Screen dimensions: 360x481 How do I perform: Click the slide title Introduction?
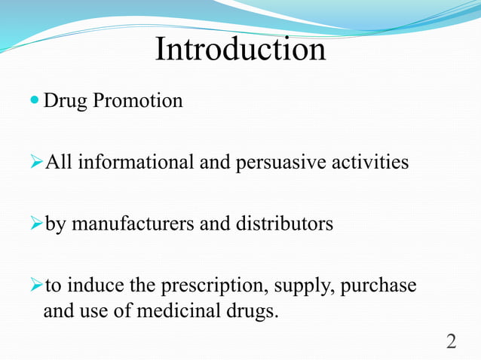click(x=240, y=49)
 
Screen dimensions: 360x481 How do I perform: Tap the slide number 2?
click(x=451, y=341)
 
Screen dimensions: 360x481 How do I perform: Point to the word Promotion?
click(x=136, y=100)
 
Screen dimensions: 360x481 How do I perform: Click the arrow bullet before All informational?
click(x=39, y=162)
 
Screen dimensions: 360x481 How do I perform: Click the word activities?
click(x=368, y=162)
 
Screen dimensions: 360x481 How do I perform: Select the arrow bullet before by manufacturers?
click(x=39, y=224)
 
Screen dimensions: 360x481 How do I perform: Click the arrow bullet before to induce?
click(x=39, y=286)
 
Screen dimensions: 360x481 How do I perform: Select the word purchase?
click(x=379, y=287)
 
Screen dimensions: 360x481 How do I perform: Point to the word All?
click(x=58, y=162)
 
